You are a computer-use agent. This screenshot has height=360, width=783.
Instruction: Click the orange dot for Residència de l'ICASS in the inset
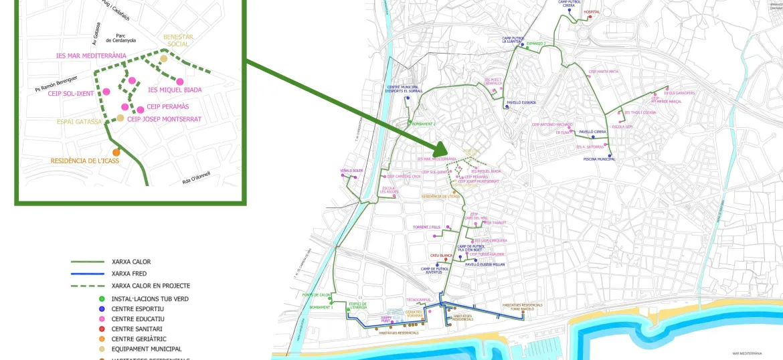point(116,152)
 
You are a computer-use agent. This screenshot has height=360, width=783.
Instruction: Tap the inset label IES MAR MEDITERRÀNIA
point(91,56)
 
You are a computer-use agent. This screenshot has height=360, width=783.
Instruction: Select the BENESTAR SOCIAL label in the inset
point(178,40)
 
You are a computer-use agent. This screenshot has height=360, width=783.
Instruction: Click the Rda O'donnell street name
point(196,177)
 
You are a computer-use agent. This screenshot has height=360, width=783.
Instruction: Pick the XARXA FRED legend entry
point(130,274)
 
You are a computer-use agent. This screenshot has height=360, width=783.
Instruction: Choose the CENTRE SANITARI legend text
point(137,329)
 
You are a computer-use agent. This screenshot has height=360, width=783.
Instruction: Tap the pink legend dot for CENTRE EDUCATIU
point(101,319)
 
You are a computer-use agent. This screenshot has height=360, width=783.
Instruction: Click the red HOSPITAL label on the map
point(592,11)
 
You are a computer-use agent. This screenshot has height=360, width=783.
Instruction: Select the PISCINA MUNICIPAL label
point(599,159)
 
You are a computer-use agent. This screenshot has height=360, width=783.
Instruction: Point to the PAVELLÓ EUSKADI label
point(521,102)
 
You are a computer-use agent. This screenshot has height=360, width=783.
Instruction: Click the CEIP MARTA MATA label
point(603,72)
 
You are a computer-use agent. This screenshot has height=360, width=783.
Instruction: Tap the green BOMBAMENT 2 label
point(424,124)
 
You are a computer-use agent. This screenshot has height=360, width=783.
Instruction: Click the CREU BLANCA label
point(442,255)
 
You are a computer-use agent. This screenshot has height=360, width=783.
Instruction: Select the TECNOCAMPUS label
point(418,299)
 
